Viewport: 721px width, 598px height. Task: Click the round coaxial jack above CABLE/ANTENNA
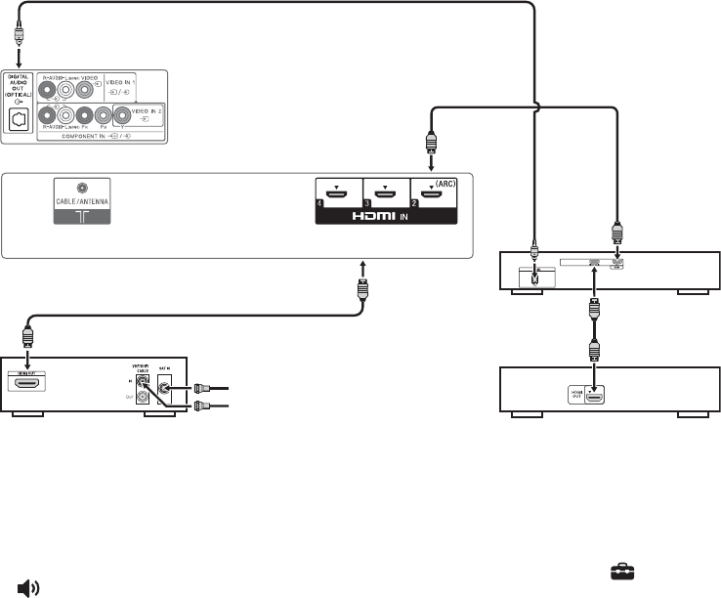click(x=82, y=186)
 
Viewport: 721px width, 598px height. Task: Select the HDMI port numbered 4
click(x=338, y=194)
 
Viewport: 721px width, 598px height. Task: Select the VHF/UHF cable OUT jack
click(x=143, y=399)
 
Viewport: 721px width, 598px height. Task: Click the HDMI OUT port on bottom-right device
click(x=594, y=395)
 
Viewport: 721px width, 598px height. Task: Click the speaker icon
click(x=28, y=587)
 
